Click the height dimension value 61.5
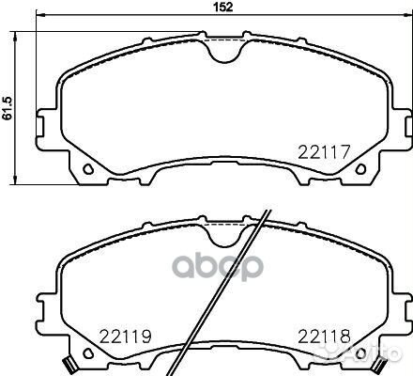click(x=7, y=100)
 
